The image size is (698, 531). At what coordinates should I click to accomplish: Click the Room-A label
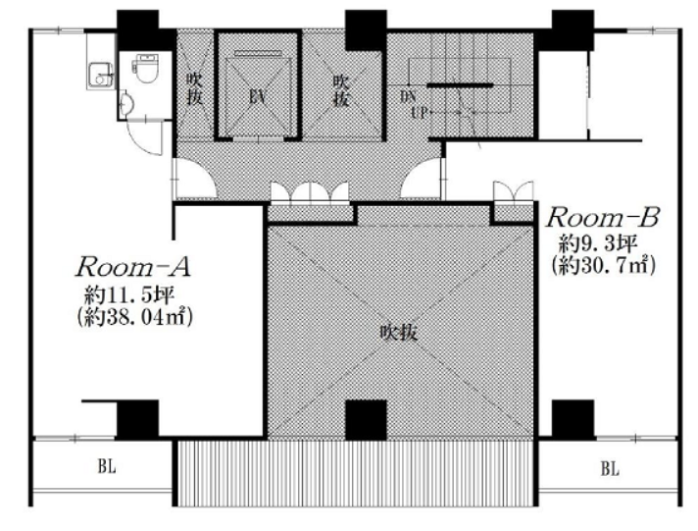tap(133, 267)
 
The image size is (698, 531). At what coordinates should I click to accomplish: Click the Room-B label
tap(602, 218)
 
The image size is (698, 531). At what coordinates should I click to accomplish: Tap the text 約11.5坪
tap(129, 294)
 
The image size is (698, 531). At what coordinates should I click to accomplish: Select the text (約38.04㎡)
tap(134, 317)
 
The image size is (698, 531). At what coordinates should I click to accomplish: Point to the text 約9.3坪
tap(599, 243)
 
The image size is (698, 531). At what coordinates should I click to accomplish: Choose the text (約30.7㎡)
tap(603, 266)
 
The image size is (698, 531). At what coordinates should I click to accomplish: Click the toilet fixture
tap(145, 68)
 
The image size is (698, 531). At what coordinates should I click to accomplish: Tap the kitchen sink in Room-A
tap(101, 76)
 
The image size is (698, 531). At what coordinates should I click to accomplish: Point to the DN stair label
tap(408, 97)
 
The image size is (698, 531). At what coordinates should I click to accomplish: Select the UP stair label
tap(419, 112)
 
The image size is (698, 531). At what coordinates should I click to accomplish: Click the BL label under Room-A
tap(107, 466)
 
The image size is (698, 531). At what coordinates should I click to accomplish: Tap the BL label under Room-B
tap(610, 468)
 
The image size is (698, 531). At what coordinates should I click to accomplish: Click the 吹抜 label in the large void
tap(399, 332)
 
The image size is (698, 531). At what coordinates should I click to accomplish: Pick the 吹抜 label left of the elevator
tap(194, 88)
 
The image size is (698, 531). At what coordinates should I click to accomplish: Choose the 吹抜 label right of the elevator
tap(341, 90)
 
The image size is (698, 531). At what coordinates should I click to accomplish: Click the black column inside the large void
tap(366, 420)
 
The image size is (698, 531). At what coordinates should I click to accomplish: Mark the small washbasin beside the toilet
tap(125, 102)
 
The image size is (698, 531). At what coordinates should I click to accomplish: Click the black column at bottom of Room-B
tap(573, 419)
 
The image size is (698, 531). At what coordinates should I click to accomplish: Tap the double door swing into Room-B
tap(514, 191)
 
